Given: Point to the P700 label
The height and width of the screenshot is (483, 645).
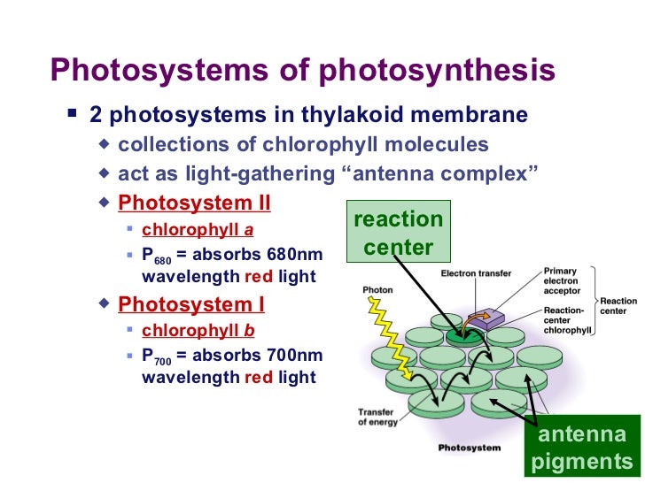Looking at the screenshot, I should [x=157, y=356].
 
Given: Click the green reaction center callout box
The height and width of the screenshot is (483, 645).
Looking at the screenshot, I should [x=398, y=233].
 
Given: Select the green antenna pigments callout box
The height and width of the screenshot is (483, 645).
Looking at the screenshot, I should [x=582, y=448].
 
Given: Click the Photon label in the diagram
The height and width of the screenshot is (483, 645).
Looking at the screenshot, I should [x=378, y=289].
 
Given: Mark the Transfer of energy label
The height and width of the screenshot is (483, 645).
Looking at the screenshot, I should [x=376, y=417].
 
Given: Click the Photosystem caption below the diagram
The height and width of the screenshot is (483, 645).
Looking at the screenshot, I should [x=470, y=448].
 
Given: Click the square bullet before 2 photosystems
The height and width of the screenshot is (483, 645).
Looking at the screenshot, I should [x=73, y=116].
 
